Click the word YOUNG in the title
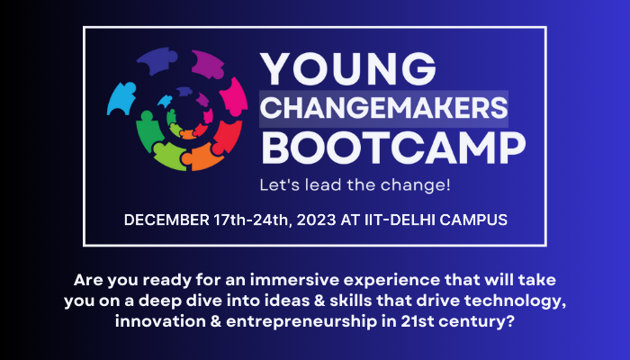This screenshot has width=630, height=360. pos(348,69)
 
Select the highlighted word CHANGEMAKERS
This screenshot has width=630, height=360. pos(384,108)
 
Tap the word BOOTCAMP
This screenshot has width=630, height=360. pos(394,148)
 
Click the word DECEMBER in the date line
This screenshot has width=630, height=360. pos(166,220)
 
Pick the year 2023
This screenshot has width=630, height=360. pos(316,220)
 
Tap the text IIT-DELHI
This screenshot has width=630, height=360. pos(400,220)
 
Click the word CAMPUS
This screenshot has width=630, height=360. pos(473,220)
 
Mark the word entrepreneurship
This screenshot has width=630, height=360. pos(301,322)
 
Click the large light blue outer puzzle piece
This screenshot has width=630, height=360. pos(121,98)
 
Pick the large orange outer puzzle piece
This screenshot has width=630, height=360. pos(198,157)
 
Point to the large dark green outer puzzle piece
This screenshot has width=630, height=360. pos(147,130)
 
